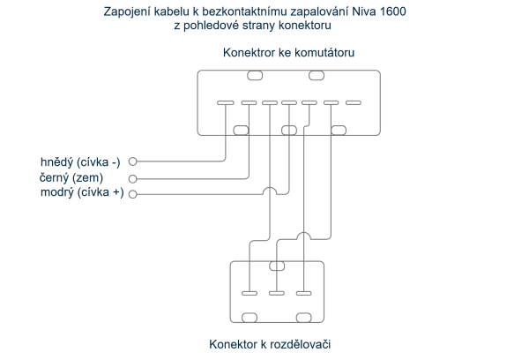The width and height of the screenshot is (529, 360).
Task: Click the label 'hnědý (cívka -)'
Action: point(80,161)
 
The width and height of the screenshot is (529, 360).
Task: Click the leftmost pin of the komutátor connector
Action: point(226,102)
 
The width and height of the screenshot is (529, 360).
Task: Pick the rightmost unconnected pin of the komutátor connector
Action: point(353,102)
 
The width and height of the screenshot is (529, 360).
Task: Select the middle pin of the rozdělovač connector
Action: point(277,292)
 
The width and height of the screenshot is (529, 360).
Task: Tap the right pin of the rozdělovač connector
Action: point(304,292)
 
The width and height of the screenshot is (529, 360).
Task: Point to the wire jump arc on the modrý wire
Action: point(269,191)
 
